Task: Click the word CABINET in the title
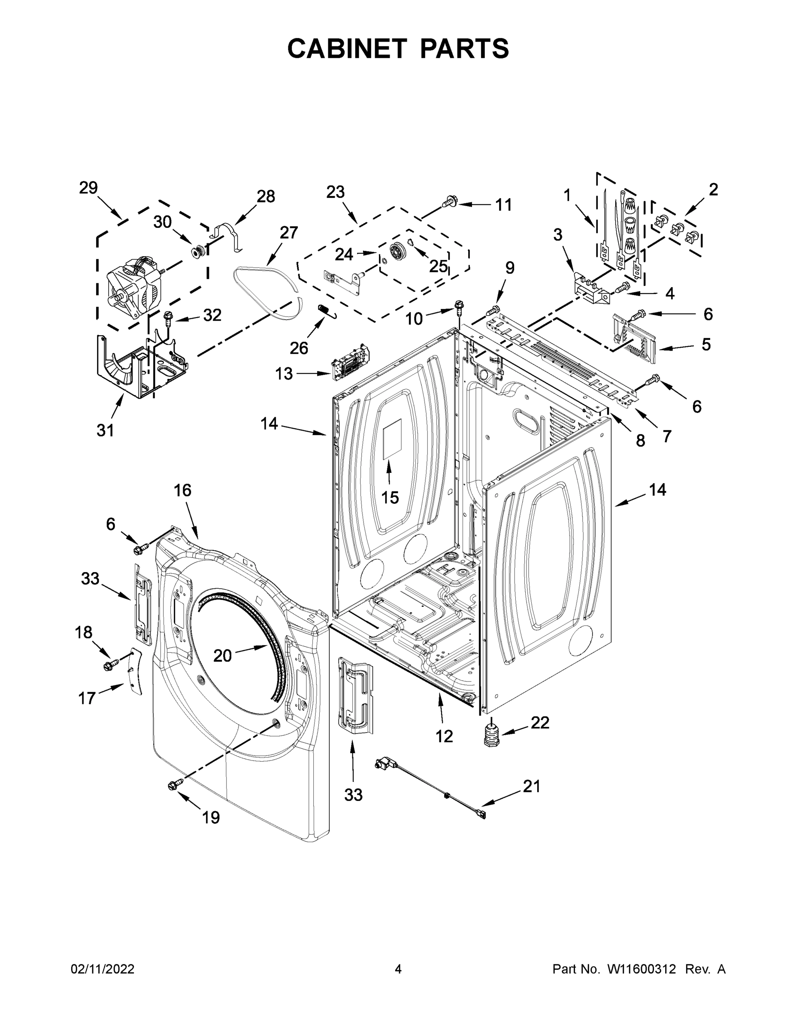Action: (347, 48)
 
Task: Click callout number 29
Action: (88, 188)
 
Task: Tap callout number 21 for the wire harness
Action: (531, 786)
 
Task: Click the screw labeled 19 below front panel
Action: (173, 784)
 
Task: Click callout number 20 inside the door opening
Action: (223, 655)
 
